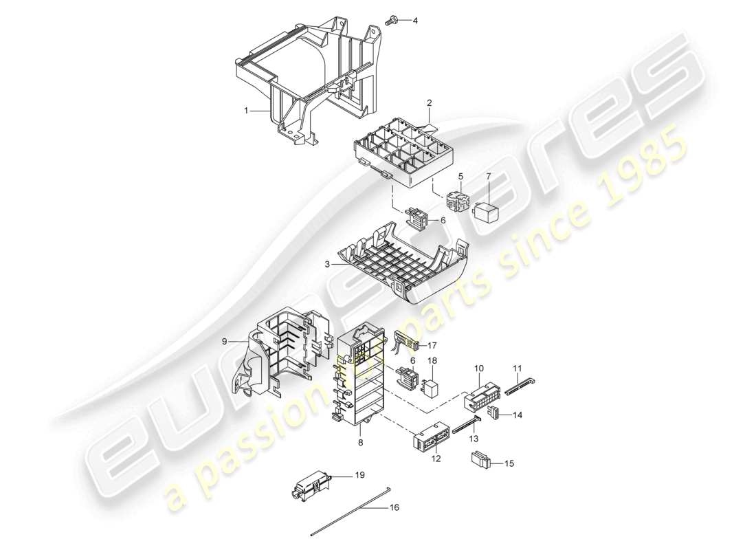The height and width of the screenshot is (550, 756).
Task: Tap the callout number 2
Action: pyautogui.click(x=429, y=103)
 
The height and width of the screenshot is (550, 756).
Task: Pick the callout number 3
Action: pyautogui.click(x=329, y=263)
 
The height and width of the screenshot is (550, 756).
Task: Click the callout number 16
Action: pyautogui.click(x=393, y=508)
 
